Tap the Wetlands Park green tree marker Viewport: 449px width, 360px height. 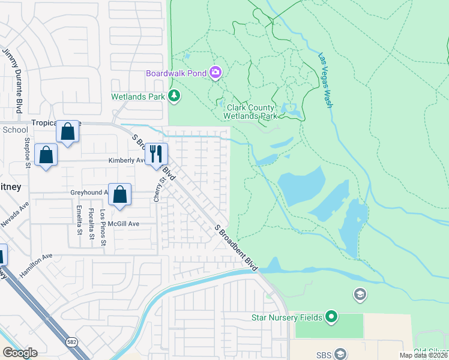click(174, 95)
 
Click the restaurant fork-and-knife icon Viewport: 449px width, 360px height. click(156, 153)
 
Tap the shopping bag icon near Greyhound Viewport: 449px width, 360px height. click(120, 194)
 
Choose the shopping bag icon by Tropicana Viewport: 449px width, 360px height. click(68, 130)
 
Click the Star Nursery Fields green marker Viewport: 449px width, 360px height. click(331, 316)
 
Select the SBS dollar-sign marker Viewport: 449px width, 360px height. click(340, 353)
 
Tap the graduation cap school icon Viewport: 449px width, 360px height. click(360, 294)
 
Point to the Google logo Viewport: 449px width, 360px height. click(20, 353)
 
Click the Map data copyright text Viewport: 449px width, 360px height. click(423, 355)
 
